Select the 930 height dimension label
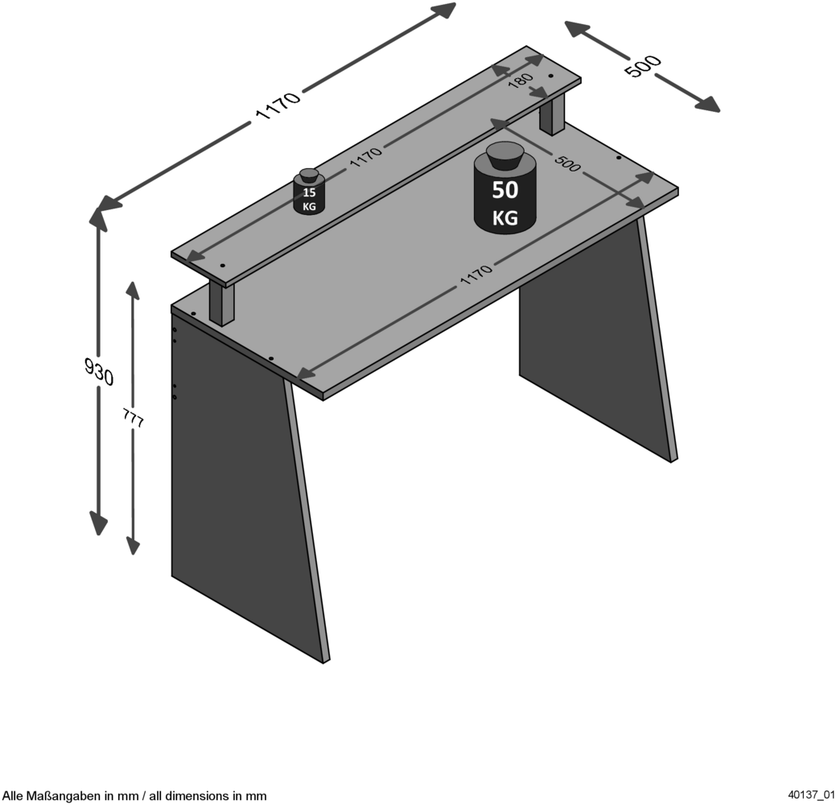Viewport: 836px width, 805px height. (99, 371)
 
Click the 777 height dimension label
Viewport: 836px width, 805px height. (134, 419)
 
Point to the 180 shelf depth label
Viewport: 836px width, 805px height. (521, 80)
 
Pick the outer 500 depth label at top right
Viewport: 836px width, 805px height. (643, 66)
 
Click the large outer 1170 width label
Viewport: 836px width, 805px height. (279, 105)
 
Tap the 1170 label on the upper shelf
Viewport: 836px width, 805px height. (366, 157)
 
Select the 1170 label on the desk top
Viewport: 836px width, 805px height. (476, 275)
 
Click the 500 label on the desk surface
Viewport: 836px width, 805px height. (567, 163)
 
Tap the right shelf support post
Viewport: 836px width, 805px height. (552, 114)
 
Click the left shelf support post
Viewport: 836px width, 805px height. (222, 303)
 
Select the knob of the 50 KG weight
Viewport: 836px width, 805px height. (504, 155)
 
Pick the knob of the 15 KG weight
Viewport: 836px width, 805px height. (309, 175)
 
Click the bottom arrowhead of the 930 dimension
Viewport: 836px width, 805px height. (99, 523)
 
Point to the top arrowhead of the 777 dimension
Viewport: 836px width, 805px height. (133, 290)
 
